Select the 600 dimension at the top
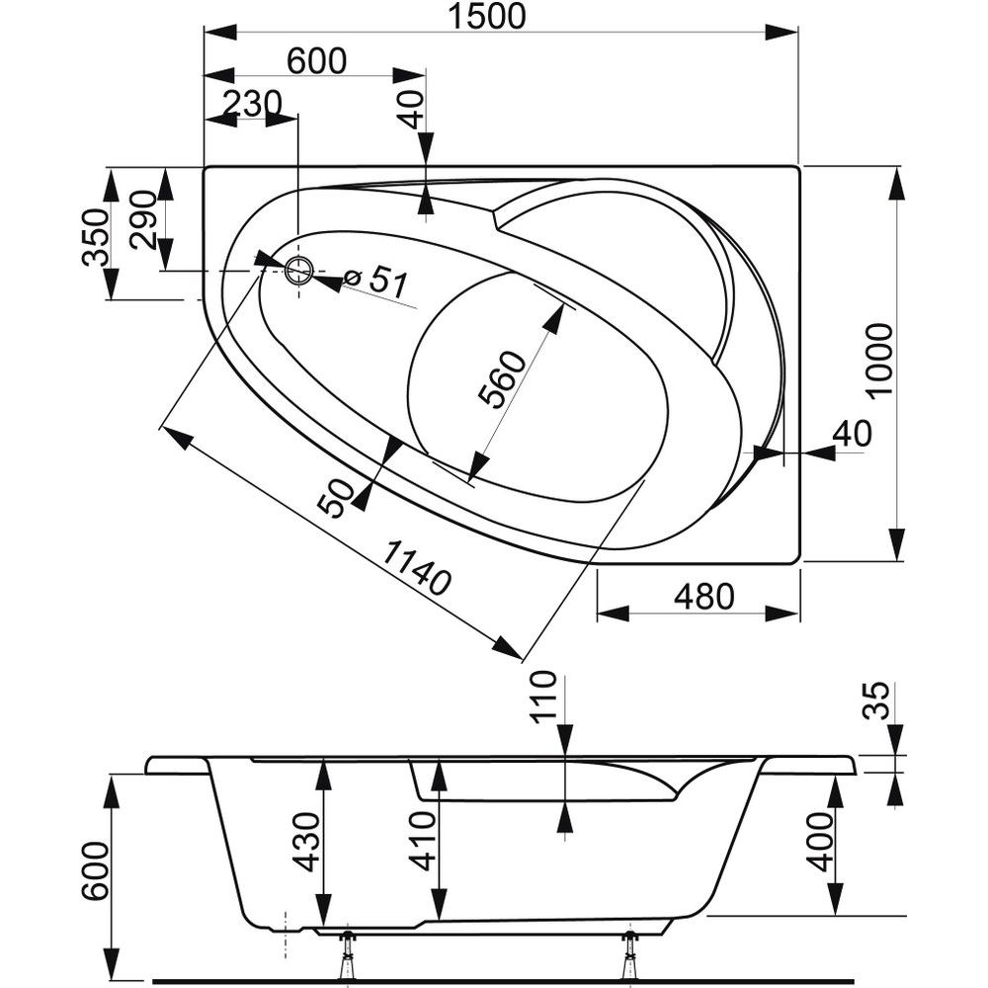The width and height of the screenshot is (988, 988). (316, 60)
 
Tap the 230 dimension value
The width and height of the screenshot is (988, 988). (252, 102)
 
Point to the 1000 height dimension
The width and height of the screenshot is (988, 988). (878, 360)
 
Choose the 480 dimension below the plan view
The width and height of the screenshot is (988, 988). (703, 597)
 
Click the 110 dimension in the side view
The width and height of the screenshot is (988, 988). (544, 696)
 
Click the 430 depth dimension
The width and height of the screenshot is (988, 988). (307, 841)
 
